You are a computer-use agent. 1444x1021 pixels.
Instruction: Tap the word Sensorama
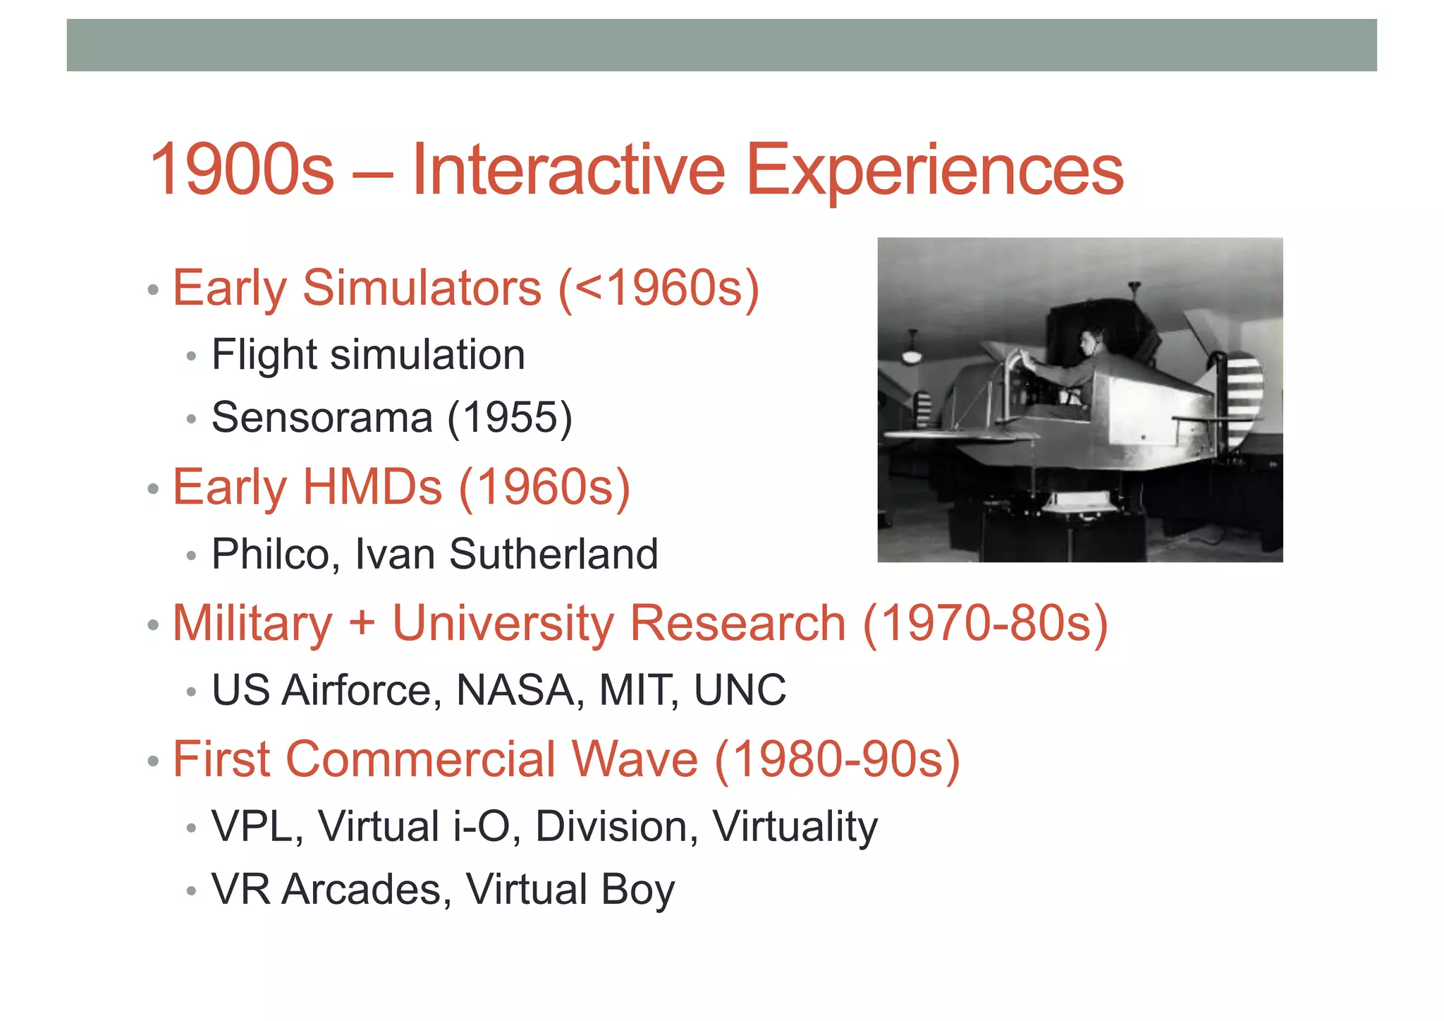tap(322, 417)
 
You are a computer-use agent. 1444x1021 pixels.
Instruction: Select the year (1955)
tap(510, 417)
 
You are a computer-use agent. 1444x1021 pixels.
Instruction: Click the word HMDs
tap(372, 487)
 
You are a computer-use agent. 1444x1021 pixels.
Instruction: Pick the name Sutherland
tap(553, 554)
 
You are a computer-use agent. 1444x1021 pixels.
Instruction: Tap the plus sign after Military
tap(362, 624)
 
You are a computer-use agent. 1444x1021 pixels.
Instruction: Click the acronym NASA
tap(515, 689)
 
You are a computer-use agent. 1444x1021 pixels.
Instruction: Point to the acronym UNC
tap(740, 689)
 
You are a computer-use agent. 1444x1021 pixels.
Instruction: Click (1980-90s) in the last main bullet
tap(838, 759)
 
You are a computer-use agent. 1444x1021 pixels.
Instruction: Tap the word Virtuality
tap(795, 826)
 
